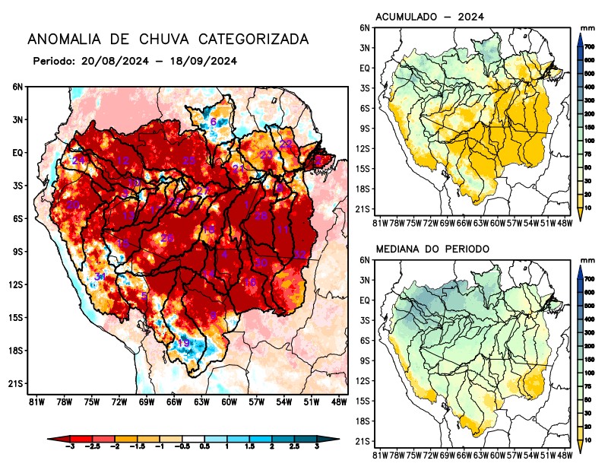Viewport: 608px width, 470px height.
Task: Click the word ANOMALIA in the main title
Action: click(62, 39)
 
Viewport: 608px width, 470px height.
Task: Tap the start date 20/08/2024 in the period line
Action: click(110, 61)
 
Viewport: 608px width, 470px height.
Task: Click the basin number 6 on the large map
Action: click(214, 122)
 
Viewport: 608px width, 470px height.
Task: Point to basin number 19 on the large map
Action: click(183, 344)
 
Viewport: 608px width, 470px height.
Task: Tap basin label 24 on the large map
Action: click(78, 160)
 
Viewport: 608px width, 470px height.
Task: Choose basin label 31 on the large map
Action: click(100, 277)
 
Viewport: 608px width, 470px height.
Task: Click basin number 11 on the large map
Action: click(283, 230)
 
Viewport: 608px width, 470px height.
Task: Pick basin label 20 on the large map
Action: click(73, 205)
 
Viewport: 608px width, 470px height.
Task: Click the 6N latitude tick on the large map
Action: click(17, 87)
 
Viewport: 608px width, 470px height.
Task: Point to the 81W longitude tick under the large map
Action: click(35, 402)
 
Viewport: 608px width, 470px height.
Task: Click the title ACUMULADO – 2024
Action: click(430, 17)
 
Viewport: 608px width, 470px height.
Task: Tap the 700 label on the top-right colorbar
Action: click(588, 47)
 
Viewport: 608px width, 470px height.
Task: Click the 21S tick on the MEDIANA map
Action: click(363, 442)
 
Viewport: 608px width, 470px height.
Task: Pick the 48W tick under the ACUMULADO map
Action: click(563, 223)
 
